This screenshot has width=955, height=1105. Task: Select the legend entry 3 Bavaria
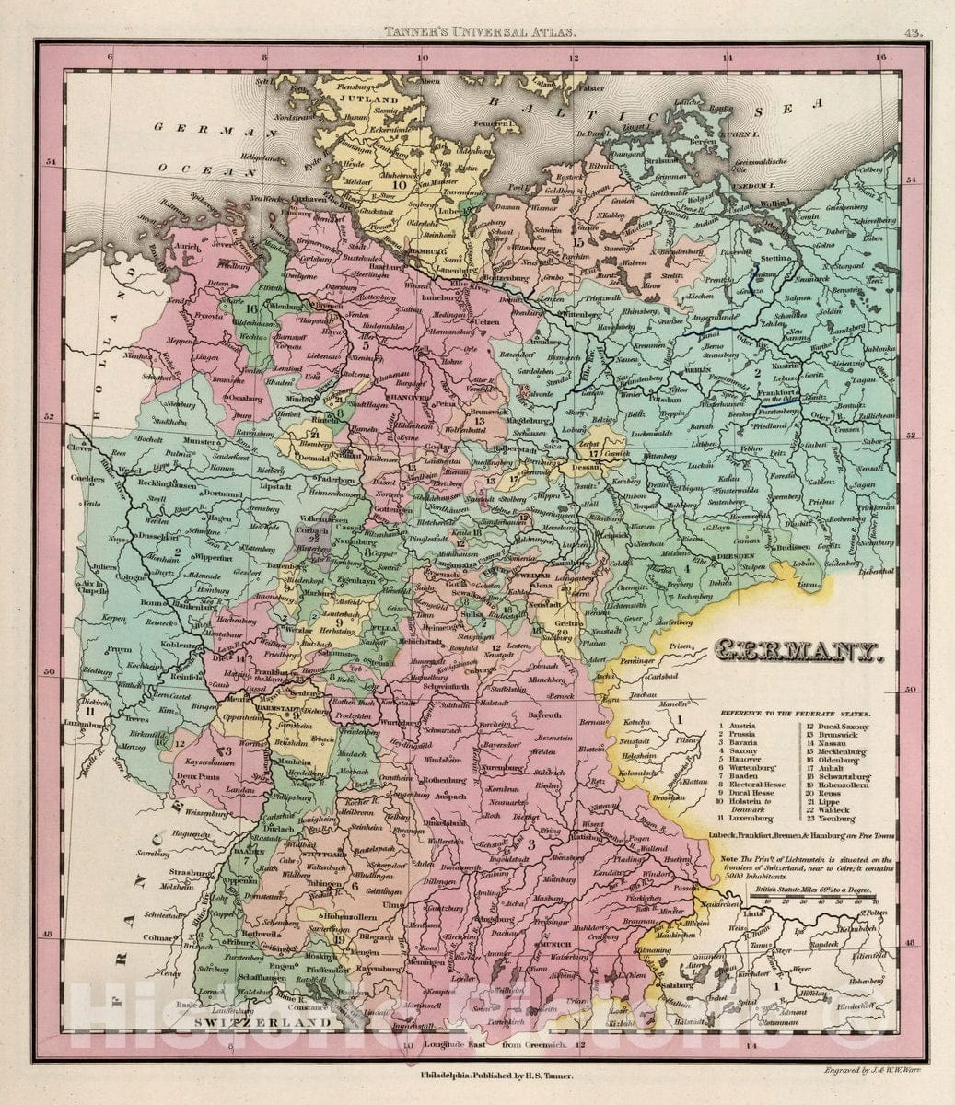(738, 742)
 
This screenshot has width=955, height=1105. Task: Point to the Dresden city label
(734, 557)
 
